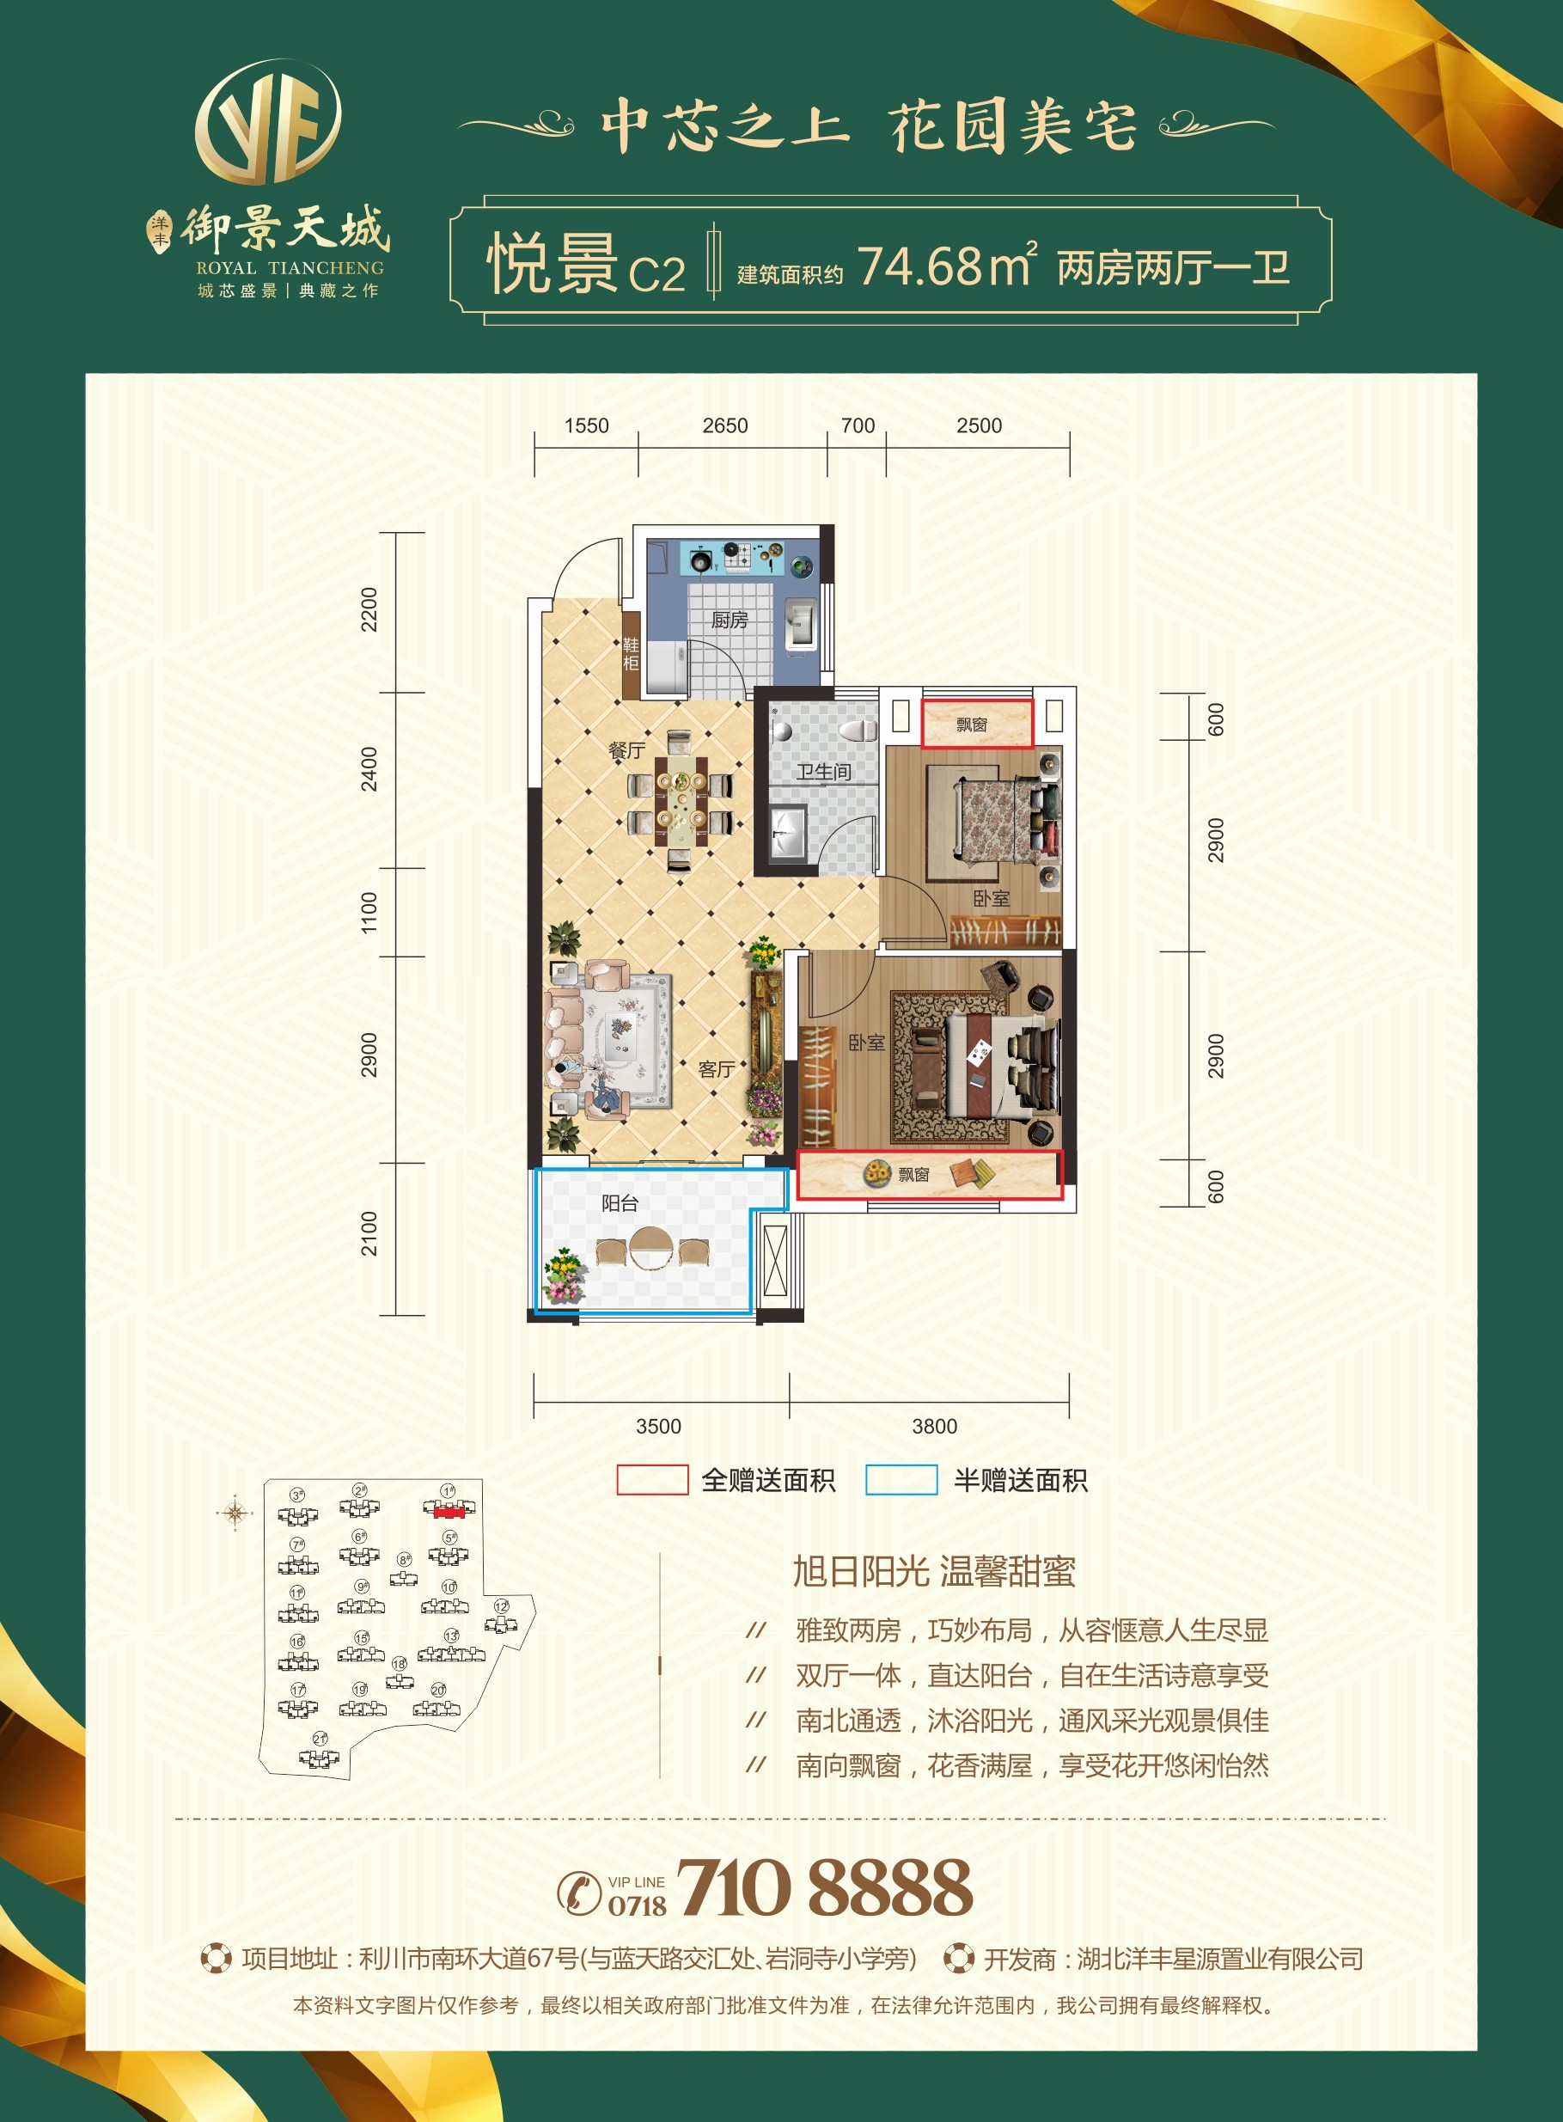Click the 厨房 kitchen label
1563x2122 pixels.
(x=730, y=620)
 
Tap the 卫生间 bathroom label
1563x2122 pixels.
(x=823, y=772)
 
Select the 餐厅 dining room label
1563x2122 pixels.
(x=626, y=750)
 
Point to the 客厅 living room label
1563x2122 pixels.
(x=717, y=1069)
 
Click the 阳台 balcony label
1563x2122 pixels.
(x=620, y=1202)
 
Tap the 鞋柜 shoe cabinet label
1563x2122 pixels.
(x=631, y=653)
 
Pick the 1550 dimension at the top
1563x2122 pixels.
(x=587, y=425)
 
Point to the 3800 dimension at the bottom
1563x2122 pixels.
(x=934, y=1426)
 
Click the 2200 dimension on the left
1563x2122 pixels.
(x=369, y=609)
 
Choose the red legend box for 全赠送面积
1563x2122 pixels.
(x=652, y=1480)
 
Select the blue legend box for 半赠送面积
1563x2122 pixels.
(x=901, y=1480)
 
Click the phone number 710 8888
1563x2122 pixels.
(x=824, y=1887)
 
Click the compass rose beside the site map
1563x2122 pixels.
(x=235, y=1513)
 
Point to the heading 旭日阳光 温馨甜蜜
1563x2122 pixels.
(x=934, y=1571)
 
